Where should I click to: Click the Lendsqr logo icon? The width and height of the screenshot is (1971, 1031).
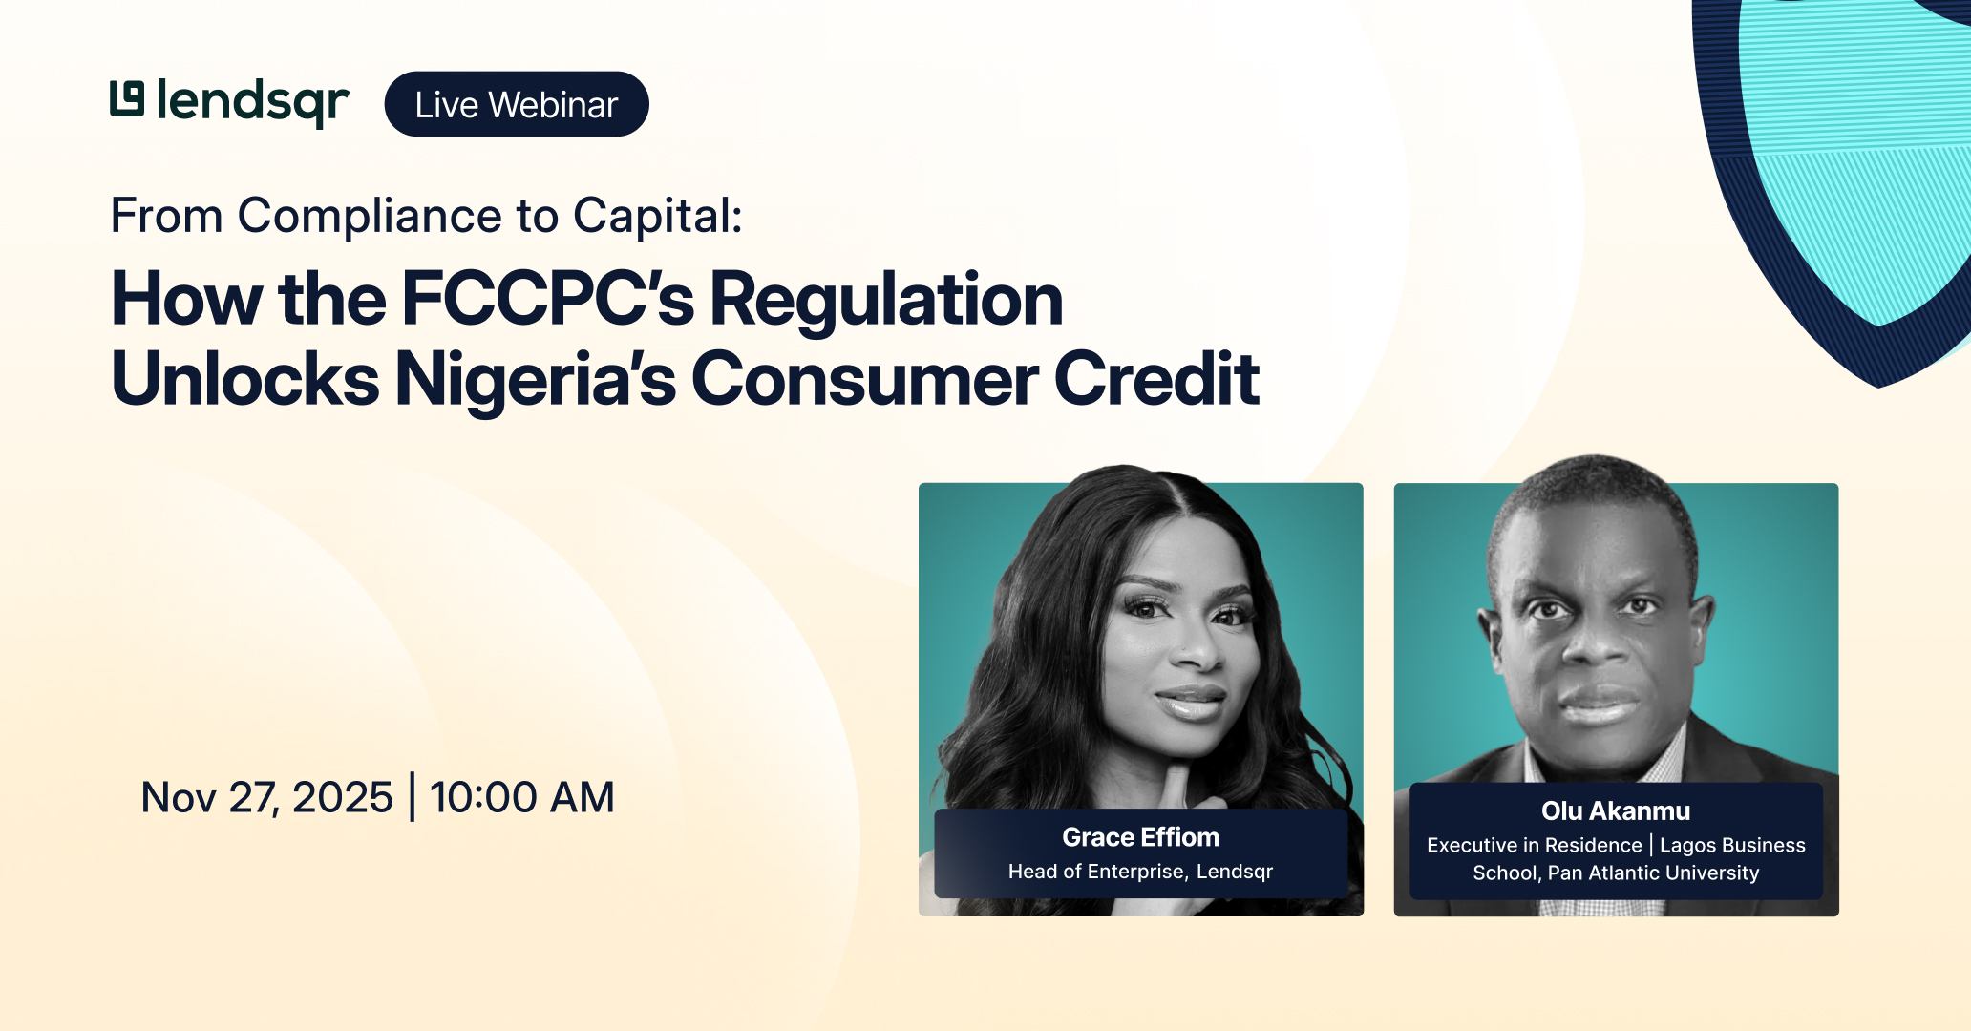pyautogui.click(x=127, y=99)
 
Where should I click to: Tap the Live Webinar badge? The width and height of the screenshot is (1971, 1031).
pyautogui.click(x=517, y=104)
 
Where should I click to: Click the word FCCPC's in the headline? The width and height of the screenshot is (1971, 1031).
pyautogui.click(x=548, y=300)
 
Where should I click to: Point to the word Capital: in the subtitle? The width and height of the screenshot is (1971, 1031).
pyautogui.click(x=657, y=216)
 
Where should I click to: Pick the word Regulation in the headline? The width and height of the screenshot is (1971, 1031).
pyautogui.click(x=886, y=300)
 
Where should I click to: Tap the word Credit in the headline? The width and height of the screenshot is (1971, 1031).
pyautogui.click(x=1156, y=380)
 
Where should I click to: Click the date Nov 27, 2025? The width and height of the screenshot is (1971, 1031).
pyautogui.click(x=266, y=797)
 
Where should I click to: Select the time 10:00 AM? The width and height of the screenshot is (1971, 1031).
pyautogui.click(x=521, y=797)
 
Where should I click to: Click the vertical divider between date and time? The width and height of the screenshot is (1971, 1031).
pyautogui.click(x=412, y=797)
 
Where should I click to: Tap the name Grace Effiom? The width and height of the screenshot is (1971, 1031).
pyautogui.click(x=1140, y=837)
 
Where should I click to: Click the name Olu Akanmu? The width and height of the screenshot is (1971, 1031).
pyautogui.click(x=1615, y=811)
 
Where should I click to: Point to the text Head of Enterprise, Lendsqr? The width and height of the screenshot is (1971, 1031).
pyautogui.click(x=1140, y=872)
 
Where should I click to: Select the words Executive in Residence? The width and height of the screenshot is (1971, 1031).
pyautogui.click(x=1534, y=846)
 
